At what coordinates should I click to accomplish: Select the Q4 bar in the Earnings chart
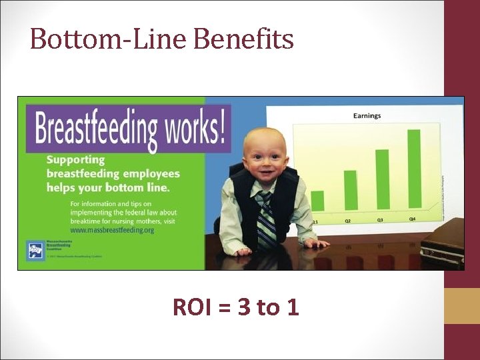414,168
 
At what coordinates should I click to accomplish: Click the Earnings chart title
367,115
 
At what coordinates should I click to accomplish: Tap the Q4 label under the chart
413,218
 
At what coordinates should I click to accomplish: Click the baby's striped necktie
267,220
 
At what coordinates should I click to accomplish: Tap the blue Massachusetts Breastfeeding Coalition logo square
34,250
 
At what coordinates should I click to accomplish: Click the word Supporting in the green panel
75,160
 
